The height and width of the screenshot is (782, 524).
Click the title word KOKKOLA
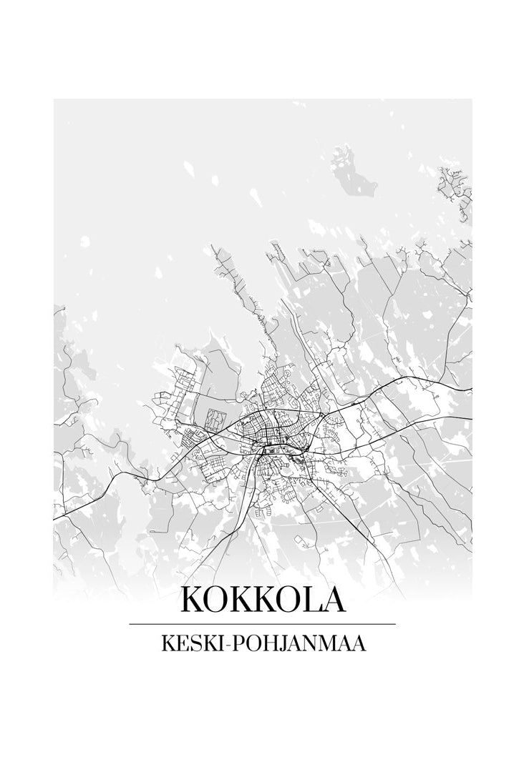[263, 599]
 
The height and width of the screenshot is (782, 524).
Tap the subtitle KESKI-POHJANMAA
[263, 644]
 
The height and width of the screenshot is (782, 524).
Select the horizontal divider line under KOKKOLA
[263, 625]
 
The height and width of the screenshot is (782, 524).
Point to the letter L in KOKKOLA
[309, 599]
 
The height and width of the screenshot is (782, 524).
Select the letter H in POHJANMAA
[267, 644]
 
